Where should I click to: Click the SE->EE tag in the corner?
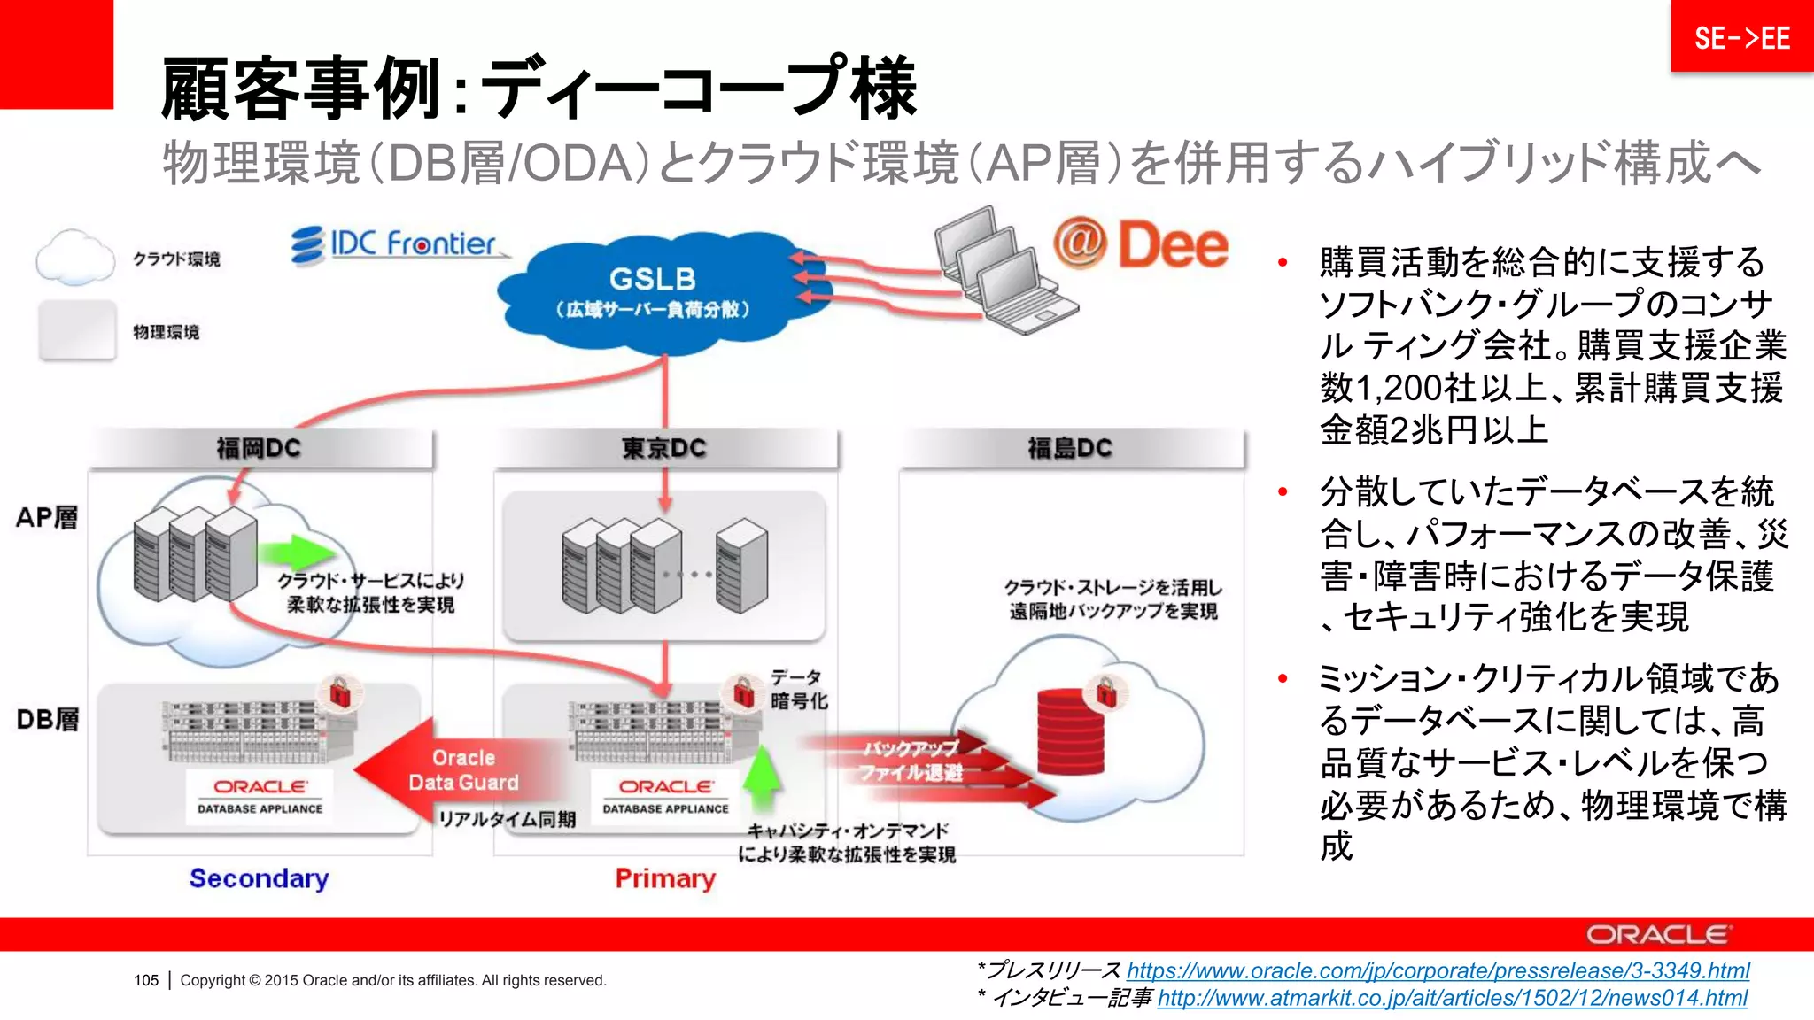click(x=1741, y=38)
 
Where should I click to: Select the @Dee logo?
click(x=1141, y=244)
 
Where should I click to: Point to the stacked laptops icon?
click(x=1005, y=271)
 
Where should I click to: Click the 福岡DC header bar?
click(x=260, y=448)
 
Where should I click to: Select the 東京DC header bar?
click(x=664, y=448)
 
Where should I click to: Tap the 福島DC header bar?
click(x=1070, y=448)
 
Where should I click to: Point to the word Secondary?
click(x=259, y=878)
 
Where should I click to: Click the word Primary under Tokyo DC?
click(x=665, y=878)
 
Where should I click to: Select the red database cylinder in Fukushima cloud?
click(x=1070, y=733)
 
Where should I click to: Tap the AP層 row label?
click(x=47, y=518)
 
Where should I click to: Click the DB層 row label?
click(x=47, y=719)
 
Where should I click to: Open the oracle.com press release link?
click(x=1438, y=970)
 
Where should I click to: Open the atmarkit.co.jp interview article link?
click(x=1452, y=999)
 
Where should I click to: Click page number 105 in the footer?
click(x=146, y=980)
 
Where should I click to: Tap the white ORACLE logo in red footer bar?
click(x=1656, y=935)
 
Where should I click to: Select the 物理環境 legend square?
click(x=78, y=330)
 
